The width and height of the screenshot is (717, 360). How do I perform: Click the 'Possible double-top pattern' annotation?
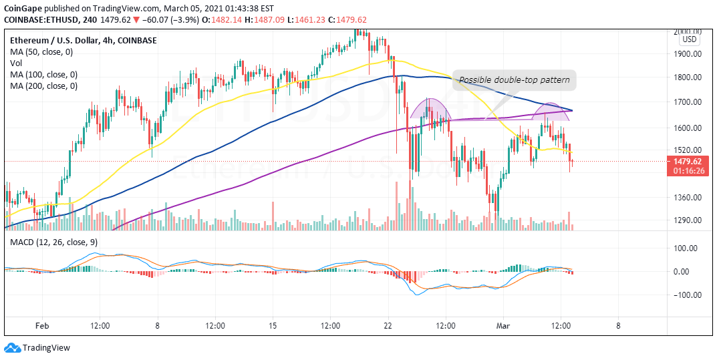coord(514,80)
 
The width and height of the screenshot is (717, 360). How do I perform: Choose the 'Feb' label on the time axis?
coord(42,326)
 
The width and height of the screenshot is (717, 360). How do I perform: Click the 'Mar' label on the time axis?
coord(503,326)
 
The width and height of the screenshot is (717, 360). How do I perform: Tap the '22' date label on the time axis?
coord(388,326)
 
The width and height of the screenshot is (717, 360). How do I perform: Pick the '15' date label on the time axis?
coord(273,326)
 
